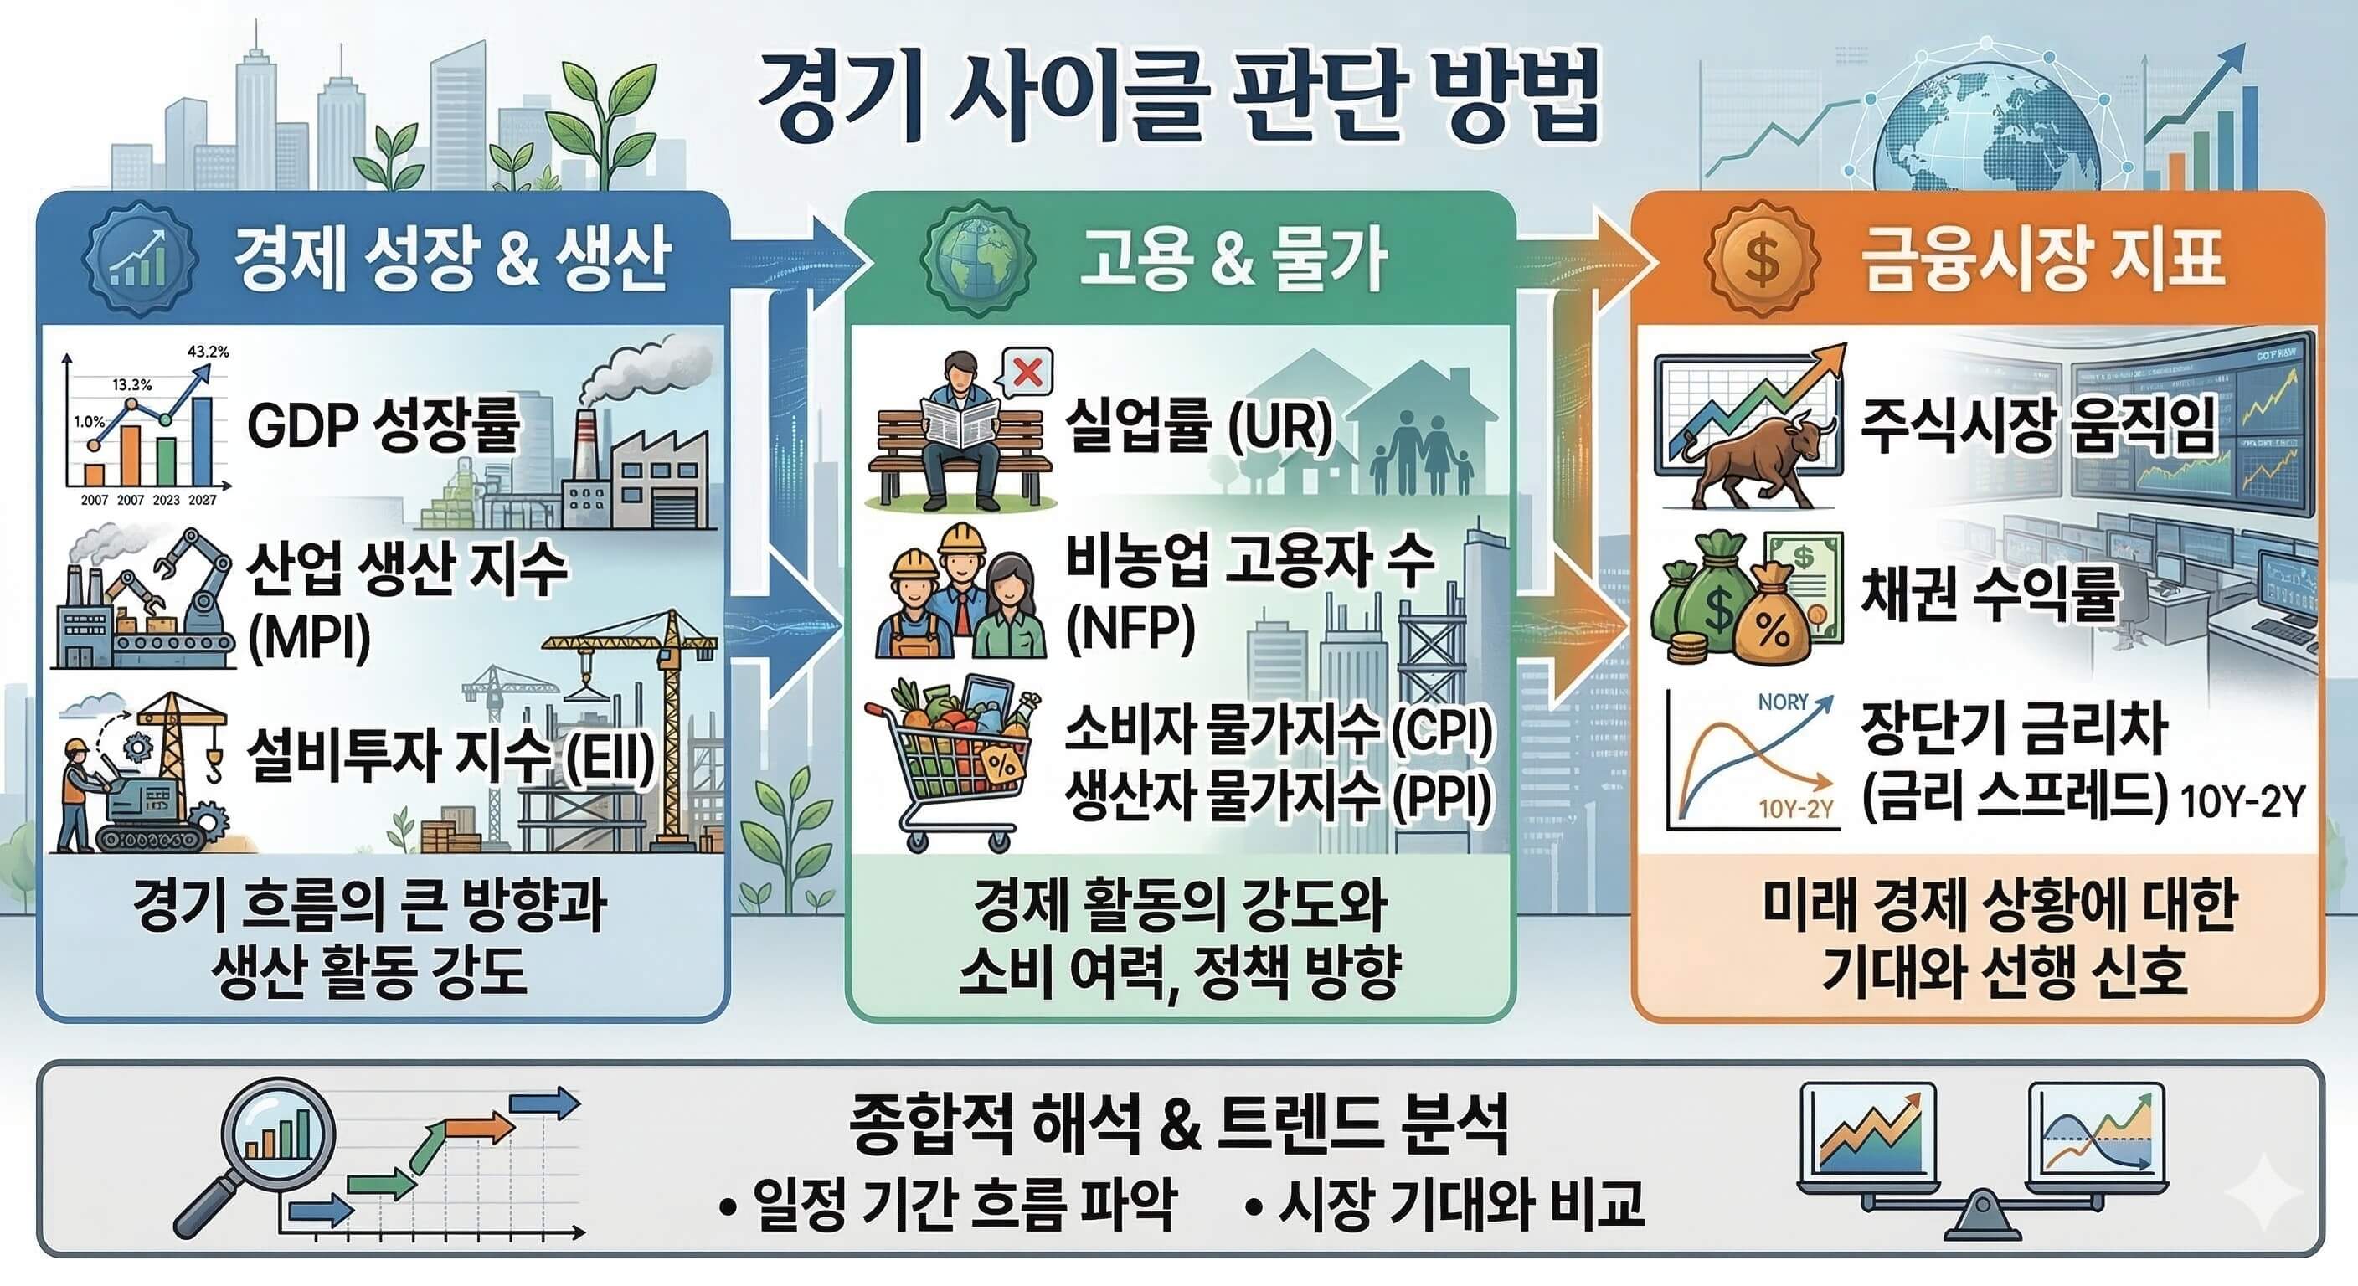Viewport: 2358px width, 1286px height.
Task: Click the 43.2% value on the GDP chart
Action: (208, 352)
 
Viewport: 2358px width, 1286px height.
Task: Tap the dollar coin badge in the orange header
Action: (1761, 259)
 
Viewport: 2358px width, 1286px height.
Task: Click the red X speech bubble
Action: (1028, 373)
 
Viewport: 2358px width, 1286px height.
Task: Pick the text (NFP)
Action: (1131, 629)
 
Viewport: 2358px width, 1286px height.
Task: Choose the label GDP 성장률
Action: (384, 425)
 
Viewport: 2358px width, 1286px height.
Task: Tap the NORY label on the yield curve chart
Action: (1782, 702)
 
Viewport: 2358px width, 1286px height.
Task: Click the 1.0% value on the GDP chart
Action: (89, 422)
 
